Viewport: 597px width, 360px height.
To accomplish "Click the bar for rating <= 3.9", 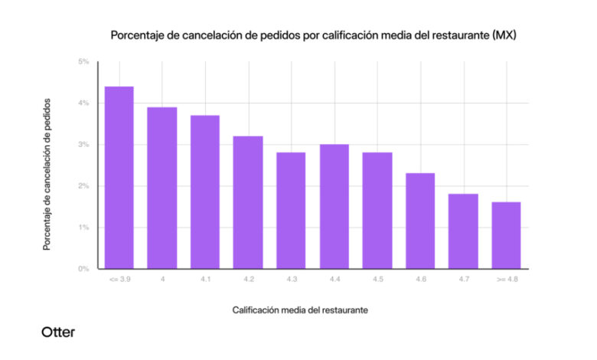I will [119, 178].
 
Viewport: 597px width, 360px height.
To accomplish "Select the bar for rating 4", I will [162, 188].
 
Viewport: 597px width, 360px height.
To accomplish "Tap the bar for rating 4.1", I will [205, 192].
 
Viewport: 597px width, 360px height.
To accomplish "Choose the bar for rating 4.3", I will [291, 211].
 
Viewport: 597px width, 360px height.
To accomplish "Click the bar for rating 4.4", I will [334, 207].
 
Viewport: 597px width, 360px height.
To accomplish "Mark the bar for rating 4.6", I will [420, 221].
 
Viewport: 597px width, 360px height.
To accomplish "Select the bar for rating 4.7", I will [463, 231].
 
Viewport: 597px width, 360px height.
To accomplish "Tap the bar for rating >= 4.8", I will [506, 235].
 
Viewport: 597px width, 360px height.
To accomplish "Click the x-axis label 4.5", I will [377, 280].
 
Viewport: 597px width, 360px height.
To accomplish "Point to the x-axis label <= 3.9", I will [119, 280].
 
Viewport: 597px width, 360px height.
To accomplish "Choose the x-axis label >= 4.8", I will [506, 280].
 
